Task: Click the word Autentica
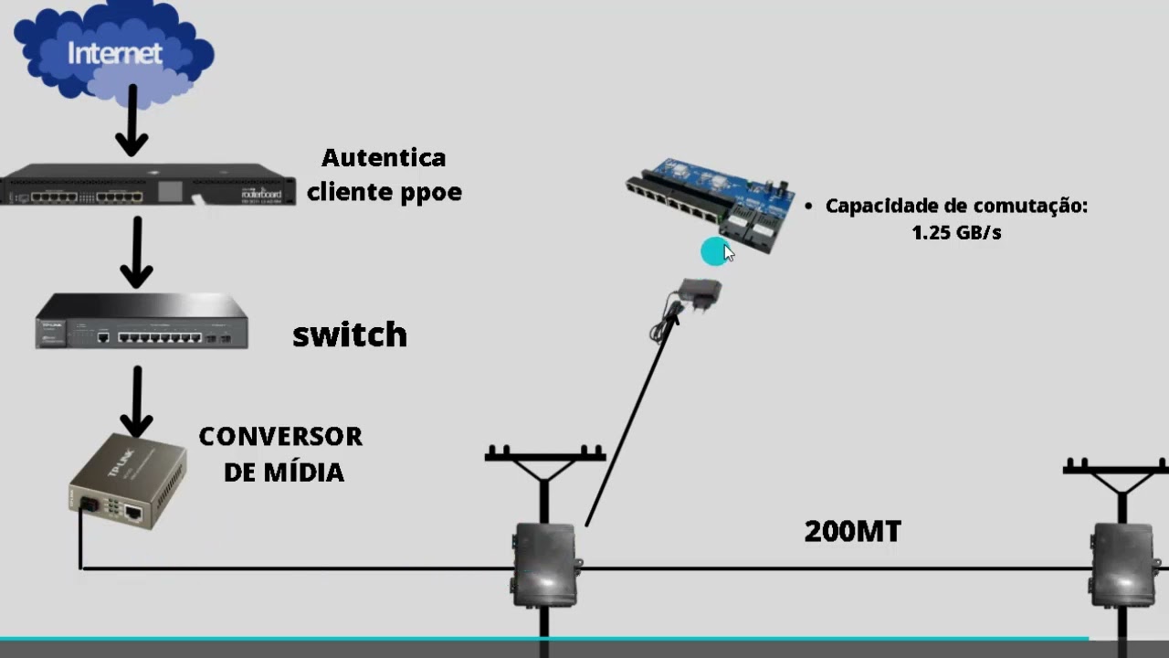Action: tap(384, 158)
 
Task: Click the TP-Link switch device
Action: tap(142, 322)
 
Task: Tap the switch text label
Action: tap(349, 335)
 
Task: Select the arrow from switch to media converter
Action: tap(136, 402)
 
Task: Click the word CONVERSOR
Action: tap(280, 437)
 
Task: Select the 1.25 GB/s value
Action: tap(956, 233)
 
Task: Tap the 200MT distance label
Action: tap(852, 531)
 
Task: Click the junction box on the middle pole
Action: tap(545, 565)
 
